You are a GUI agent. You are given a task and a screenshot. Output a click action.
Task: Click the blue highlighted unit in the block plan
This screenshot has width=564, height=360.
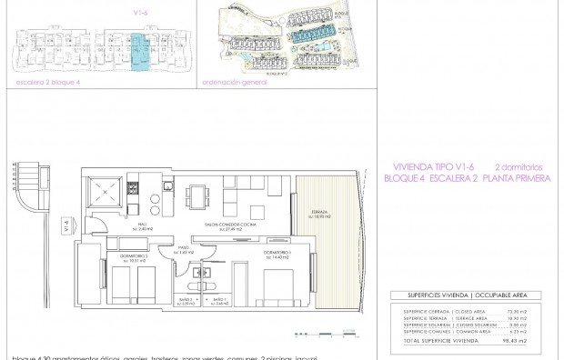[x=138, y=51]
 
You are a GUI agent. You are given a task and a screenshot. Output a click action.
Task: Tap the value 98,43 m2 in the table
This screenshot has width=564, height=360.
[x=519, y=343]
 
